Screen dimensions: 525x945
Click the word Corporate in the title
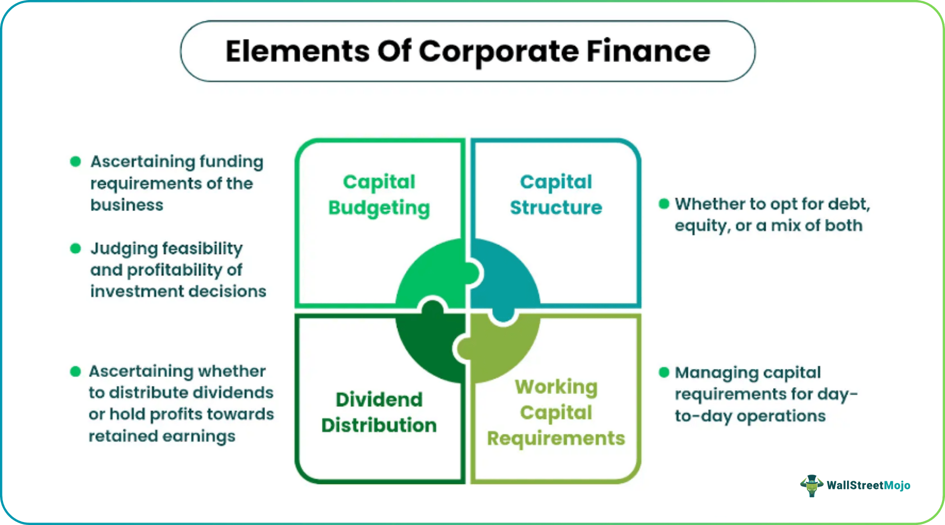coord(498,51)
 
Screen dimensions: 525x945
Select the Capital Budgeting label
coord(379,195)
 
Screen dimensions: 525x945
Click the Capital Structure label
coord(556,195)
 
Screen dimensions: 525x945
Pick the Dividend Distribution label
coord(379,412)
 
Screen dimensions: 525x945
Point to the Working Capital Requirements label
coord(556,412)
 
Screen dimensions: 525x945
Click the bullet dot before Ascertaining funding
coord(75,161)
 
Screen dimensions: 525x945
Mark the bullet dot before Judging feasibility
coord(75,248)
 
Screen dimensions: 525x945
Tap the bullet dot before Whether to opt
coord(664,203)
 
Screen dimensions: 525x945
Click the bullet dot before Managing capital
coord(664,372)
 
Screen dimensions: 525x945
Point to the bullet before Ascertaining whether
coord(75,371)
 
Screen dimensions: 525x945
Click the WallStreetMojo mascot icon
coord(811,485)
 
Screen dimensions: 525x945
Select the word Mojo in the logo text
coord(897,485)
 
